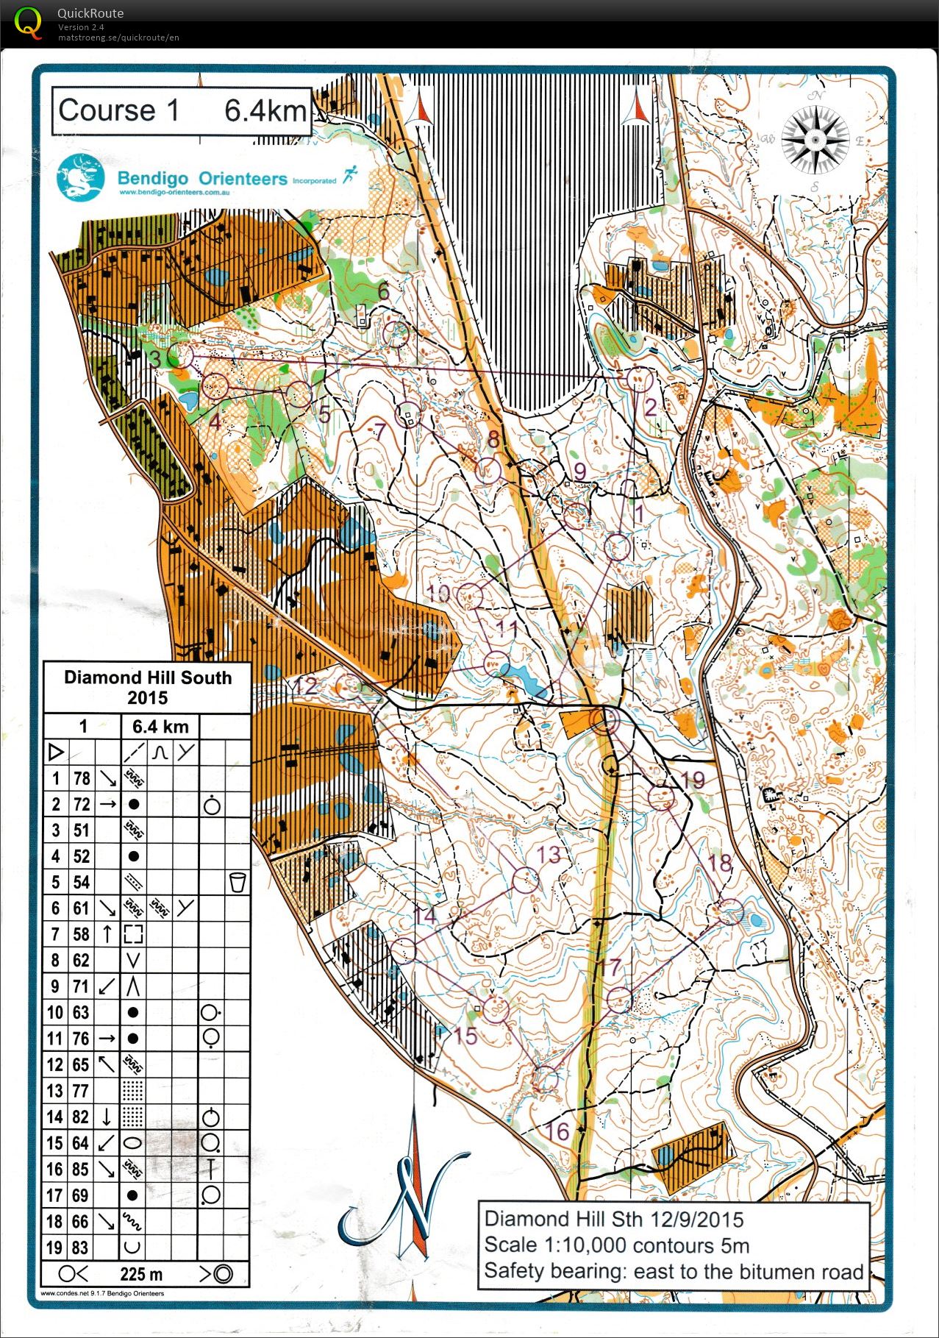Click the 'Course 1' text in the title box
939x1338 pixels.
[x=118, y=111]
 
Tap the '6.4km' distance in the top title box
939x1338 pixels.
[x=265, y=111]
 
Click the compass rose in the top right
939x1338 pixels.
[x=815, y=140]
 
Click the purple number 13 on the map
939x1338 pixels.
[x=549, y=855]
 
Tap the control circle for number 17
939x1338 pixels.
[x=619, y=1000]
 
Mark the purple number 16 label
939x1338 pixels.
[x=558, y=1131]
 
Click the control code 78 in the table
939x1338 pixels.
[x=82, y=778]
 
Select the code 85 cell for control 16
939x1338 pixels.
[x=82, y=1169]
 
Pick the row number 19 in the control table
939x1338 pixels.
[x=55, y=1247]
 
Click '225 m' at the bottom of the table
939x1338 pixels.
[x=141, y=1274]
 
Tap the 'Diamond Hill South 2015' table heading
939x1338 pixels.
[x=147, y=687]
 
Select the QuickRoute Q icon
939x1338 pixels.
[x=28, y=22]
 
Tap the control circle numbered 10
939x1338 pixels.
[x=470, y=595]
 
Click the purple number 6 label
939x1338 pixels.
[x=383, y=291]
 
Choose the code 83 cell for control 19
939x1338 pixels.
[x=82, y=1247]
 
